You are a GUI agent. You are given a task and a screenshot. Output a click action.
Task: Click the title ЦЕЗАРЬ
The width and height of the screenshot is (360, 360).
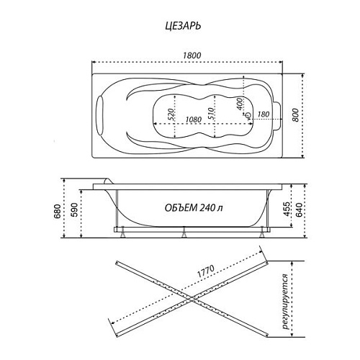(183, 26)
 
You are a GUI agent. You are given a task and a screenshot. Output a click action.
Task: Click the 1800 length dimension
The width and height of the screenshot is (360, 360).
(192, 55)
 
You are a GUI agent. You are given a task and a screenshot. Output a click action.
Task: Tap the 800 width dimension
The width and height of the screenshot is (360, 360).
(296, 115)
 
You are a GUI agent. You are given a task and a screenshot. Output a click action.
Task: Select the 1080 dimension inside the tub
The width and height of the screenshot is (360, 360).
(194, 120)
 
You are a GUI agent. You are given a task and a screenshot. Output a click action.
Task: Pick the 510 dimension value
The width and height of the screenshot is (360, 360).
(210, 114)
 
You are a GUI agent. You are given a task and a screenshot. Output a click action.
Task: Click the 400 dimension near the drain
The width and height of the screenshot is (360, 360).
(239, 104)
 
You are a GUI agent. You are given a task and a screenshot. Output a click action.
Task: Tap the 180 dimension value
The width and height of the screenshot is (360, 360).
(263, 114)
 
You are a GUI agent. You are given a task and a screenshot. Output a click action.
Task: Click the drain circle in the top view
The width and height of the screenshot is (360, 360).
(248, 115)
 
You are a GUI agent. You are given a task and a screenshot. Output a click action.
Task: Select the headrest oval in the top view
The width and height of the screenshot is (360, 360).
(100, 115)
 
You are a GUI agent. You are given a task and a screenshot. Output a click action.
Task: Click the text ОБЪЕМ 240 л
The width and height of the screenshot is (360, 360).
(194, 208)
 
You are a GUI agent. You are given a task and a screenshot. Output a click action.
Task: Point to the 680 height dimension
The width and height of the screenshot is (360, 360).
(58, 210)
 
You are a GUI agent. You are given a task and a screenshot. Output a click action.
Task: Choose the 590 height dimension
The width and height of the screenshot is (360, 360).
(75, 210)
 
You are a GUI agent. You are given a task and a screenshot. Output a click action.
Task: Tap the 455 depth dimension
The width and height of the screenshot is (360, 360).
(287, 209)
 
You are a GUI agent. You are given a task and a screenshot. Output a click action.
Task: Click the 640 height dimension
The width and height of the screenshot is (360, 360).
(300, 210)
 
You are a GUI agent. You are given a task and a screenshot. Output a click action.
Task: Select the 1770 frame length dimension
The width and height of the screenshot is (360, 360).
(206, 271)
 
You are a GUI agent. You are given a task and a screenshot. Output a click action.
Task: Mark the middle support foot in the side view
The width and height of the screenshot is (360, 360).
(184, 233)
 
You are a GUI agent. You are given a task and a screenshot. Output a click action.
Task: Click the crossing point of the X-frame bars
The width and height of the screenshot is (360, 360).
(192, 299)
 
